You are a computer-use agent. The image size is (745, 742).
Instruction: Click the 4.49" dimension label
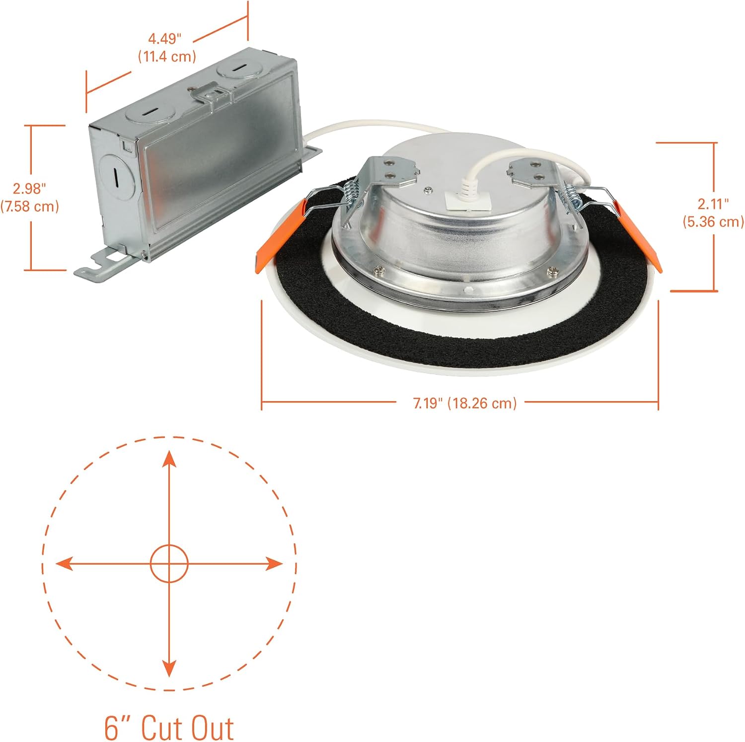click(165, 39)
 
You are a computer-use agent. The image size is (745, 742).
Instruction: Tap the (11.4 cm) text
click(167, 57)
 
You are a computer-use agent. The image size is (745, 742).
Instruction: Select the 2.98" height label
click(30, 189)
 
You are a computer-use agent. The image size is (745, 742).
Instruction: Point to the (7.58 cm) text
click(30, 206)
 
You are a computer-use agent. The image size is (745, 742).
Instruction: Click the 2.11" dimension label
click(713, 203)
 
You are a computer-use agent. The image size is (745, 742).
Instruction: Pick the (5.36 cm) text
click(713, 221)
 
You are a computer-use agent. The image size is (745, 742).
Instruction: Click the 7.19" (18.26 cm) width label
click(465, 403)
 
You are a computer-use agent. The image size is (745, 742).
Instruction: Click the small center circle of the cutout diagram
click(169, 564)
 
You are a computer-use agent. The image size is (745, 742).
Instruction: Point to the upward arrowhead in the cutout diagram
click(169, 459)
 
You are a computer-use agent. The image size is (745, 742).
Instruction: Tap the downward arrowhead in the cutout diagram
click(169, 668)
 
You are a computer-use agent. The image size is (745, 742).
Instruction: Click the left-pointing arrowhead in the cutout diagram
click(65, 564)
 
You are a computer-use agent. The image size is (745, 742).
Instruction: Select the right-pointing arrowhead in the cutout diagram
click(274, 564)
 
